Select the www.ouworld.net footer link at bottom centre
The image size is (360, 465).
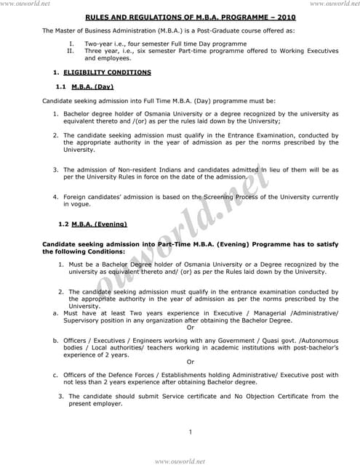point(180,461)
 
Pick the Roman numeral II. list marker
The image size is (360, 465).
point(70,52)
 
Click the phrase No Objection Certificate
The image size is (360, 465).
point(263,397)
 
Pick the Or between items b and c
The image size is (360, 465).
point(191,361)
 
